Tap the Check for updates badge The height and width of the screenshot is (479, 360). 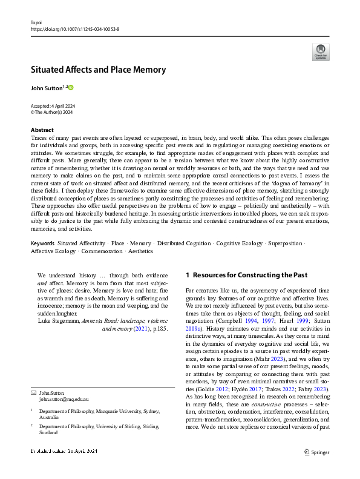321,51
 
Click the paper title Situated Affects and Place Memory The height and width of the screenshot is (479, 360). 98,70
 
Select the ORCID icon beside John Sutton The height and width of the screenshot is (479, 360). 70,88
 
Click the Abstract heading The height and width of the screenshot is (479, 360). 42,130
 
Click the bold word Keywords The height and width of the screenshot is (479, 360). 42,243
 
